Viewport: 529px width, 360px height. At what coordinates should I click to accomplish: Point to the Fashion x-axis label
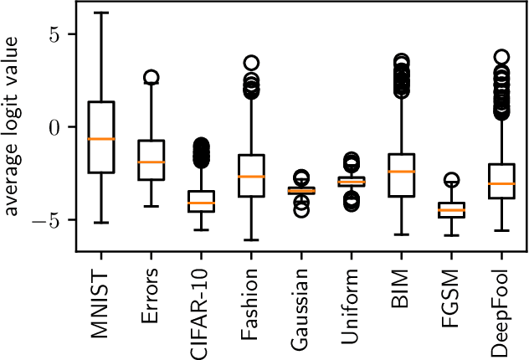point(251,306)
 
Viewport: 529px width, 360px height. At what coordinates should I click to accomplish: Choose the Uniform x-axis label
point(352,306)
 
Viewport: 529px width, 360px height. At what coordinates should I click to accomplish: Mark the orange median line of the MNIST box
point(100,139)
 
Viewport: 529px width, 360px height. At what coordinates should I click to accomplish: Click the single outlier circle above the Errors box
point(151,78)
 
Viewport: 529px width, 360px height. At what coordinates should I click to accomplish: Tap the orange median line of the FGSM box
point(453,210)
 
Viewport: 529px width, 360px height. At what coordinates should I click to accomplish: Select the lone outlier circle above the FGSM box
point(453,180)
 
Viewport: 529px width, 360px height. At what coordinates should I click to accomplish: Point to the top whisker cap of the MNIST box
point(100,13)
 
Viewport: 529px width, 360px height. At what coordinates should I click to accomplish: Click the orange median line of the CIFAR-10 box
point(201,203)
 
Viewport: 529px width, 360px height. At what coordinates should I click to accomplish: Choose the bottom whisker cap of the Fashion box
point(251,240)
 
